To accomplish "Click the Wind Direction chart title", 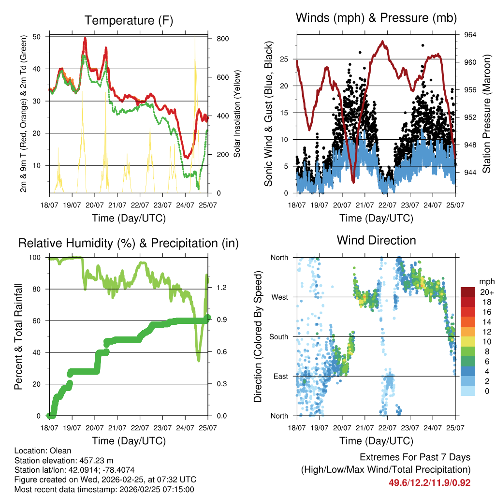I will pos(376,240).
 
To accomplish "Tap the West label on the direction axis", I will pos(279,297).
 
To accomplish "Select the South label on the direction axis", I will pos(278,336).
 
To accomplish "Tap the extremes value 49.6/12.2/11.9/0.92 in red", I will pos(430,482).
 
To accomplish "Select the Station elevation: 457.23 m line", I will pos(64,460).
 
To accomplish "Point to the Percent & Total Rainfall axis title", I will pos(18,337).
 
